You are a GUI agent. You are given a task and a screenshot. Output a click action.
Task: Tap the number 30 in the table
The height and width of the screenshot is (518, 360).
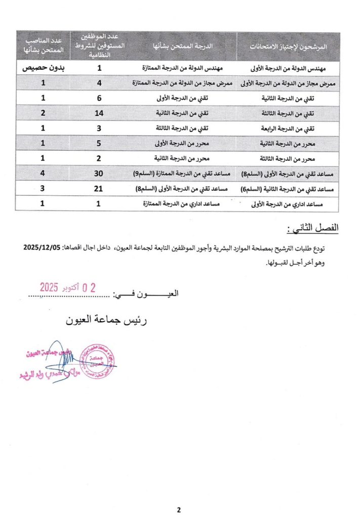pos(100,174)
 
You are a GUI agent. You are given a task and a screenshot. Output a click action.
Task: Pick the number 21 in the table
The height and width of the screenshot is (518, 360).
pos(100,189)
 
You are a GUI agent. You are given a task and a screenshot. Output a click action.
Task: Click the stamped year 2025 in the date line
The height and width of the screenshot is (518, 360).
pos(50,288)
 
